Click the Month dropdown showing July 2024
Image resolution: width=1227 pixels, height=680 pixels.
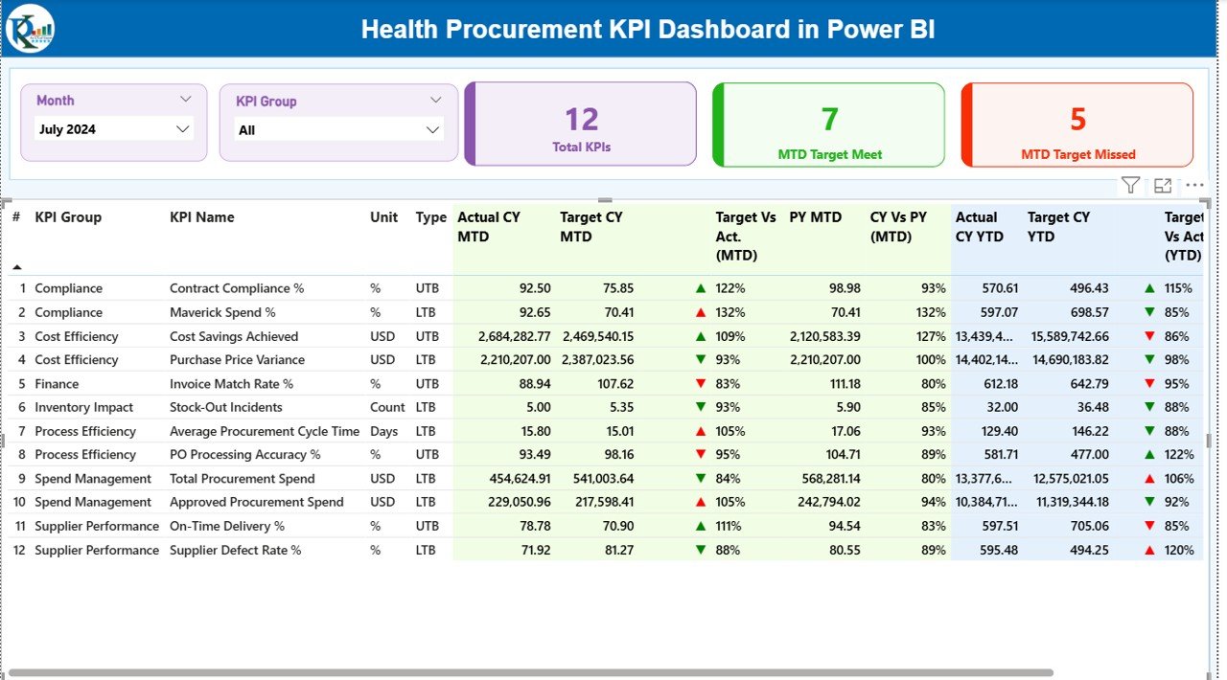point(113,129)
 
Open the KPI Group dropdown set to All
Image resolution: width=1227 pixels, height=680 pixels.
point(337,130)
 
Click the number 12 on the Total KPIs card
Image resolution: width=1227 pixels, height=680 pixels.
point(582,119)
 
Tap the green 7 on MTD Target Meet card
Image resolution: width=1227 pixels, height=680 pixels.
point(829,119)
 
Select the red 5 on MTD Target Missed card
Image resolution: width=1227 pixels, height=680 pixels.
point(1077,119)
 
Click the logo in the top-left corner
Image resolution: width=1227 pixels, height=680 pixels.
point(30,29)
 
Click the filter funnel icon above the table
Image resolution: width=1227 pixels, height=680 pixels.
point(1130,186)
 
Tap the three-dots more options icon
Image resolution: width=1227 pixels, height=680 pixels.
point(1194,186)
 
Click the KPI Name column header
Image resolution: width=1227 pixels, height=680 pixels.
point(202,217)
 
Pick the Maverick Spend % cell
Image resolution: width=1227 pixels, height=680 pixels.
point(222,312)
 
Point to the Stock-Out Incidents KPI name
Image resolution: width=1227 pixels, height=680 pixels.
point(226,407)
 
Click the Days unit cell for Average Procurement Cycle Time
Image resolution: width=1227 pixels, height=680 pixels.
point(383,431)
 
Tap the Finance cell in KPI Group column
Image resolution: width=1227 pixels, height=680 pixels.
point(57,384)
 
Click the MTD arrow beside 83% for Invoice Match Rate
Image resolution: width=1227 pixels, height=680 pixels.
point(701,384)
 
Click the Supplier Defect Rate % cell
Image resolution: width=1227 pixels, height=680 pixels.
point(236,550)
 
